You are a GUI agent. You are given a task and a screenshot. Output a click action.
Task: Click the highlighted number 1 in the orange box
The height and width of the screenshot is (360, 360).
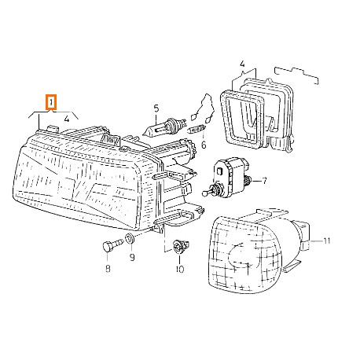coord(52,102)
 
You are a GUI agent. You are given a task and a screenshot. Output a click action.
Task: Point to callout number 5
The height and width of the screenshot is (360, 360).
coord(156,107)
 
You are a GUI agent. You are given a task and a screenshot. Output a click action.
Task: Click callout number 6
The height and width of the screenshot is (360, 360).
coord(202,145)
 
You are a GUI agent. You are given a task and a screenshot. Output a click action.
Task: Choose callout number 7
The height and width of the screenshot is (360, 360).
coord(264,181)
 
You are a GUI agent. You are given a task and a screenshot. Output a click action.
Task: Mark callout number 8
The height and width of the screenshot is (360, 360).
coord(108,269)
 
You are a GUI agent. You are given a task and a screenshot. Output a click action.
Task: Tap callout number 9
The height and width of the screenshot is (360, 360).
coord(131,257)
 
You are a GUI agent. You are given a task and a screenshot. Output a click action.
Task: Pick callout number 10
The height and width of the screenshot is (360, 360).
coord(179,270)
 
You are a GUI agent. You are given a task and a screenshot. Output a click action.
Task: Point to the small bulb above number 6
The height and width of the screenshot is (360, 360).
coord(197,130)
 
